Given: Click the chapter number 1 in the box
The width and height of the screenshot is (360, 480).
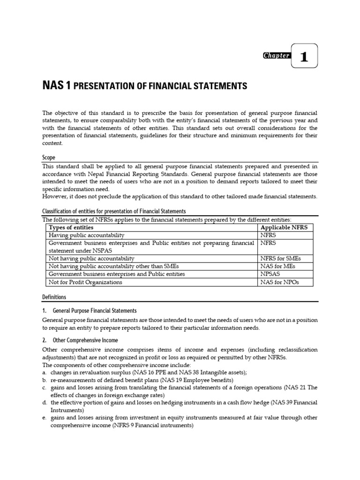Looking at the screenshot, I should point(304,57).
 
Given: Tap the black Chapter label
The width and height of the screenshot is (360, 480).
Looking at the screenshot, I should point(277,56).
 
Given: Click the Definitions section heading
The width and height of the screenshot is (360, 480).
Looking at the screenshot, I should point(54,297).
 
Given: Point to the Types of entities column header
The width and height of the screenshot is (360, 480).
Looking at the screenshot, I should point(70,227).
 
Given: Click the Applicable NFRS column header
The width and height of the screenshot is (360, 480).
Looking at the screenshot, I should point(285,227).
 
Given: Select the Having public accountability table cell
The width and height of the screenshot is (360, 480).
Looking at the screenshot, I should point(87,235).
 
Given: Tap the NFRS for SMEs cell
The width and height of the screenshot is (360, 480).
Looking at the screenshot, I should point(280,258).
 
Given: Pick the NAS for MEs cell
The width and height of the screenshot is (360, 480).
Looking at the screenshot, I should point(278,266).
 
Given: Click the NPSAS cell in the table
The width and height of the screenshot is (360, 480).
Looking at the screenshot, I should point(271,274).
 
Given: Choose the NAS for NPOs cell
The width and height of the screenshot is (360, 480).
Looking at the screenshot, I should point(279,282).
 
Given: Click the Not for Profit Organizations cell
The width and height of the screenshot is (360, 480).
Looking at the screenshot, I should point(85,282).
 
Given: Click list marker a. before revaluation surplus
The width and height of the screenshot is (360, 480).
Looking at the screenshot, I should point(45,372).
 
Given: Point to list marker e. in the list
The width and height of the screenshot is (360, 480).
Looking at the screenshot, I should point(45,417).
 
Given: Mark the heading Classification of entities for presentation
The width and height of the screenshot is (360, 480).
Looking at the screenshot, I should point(114,211).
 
